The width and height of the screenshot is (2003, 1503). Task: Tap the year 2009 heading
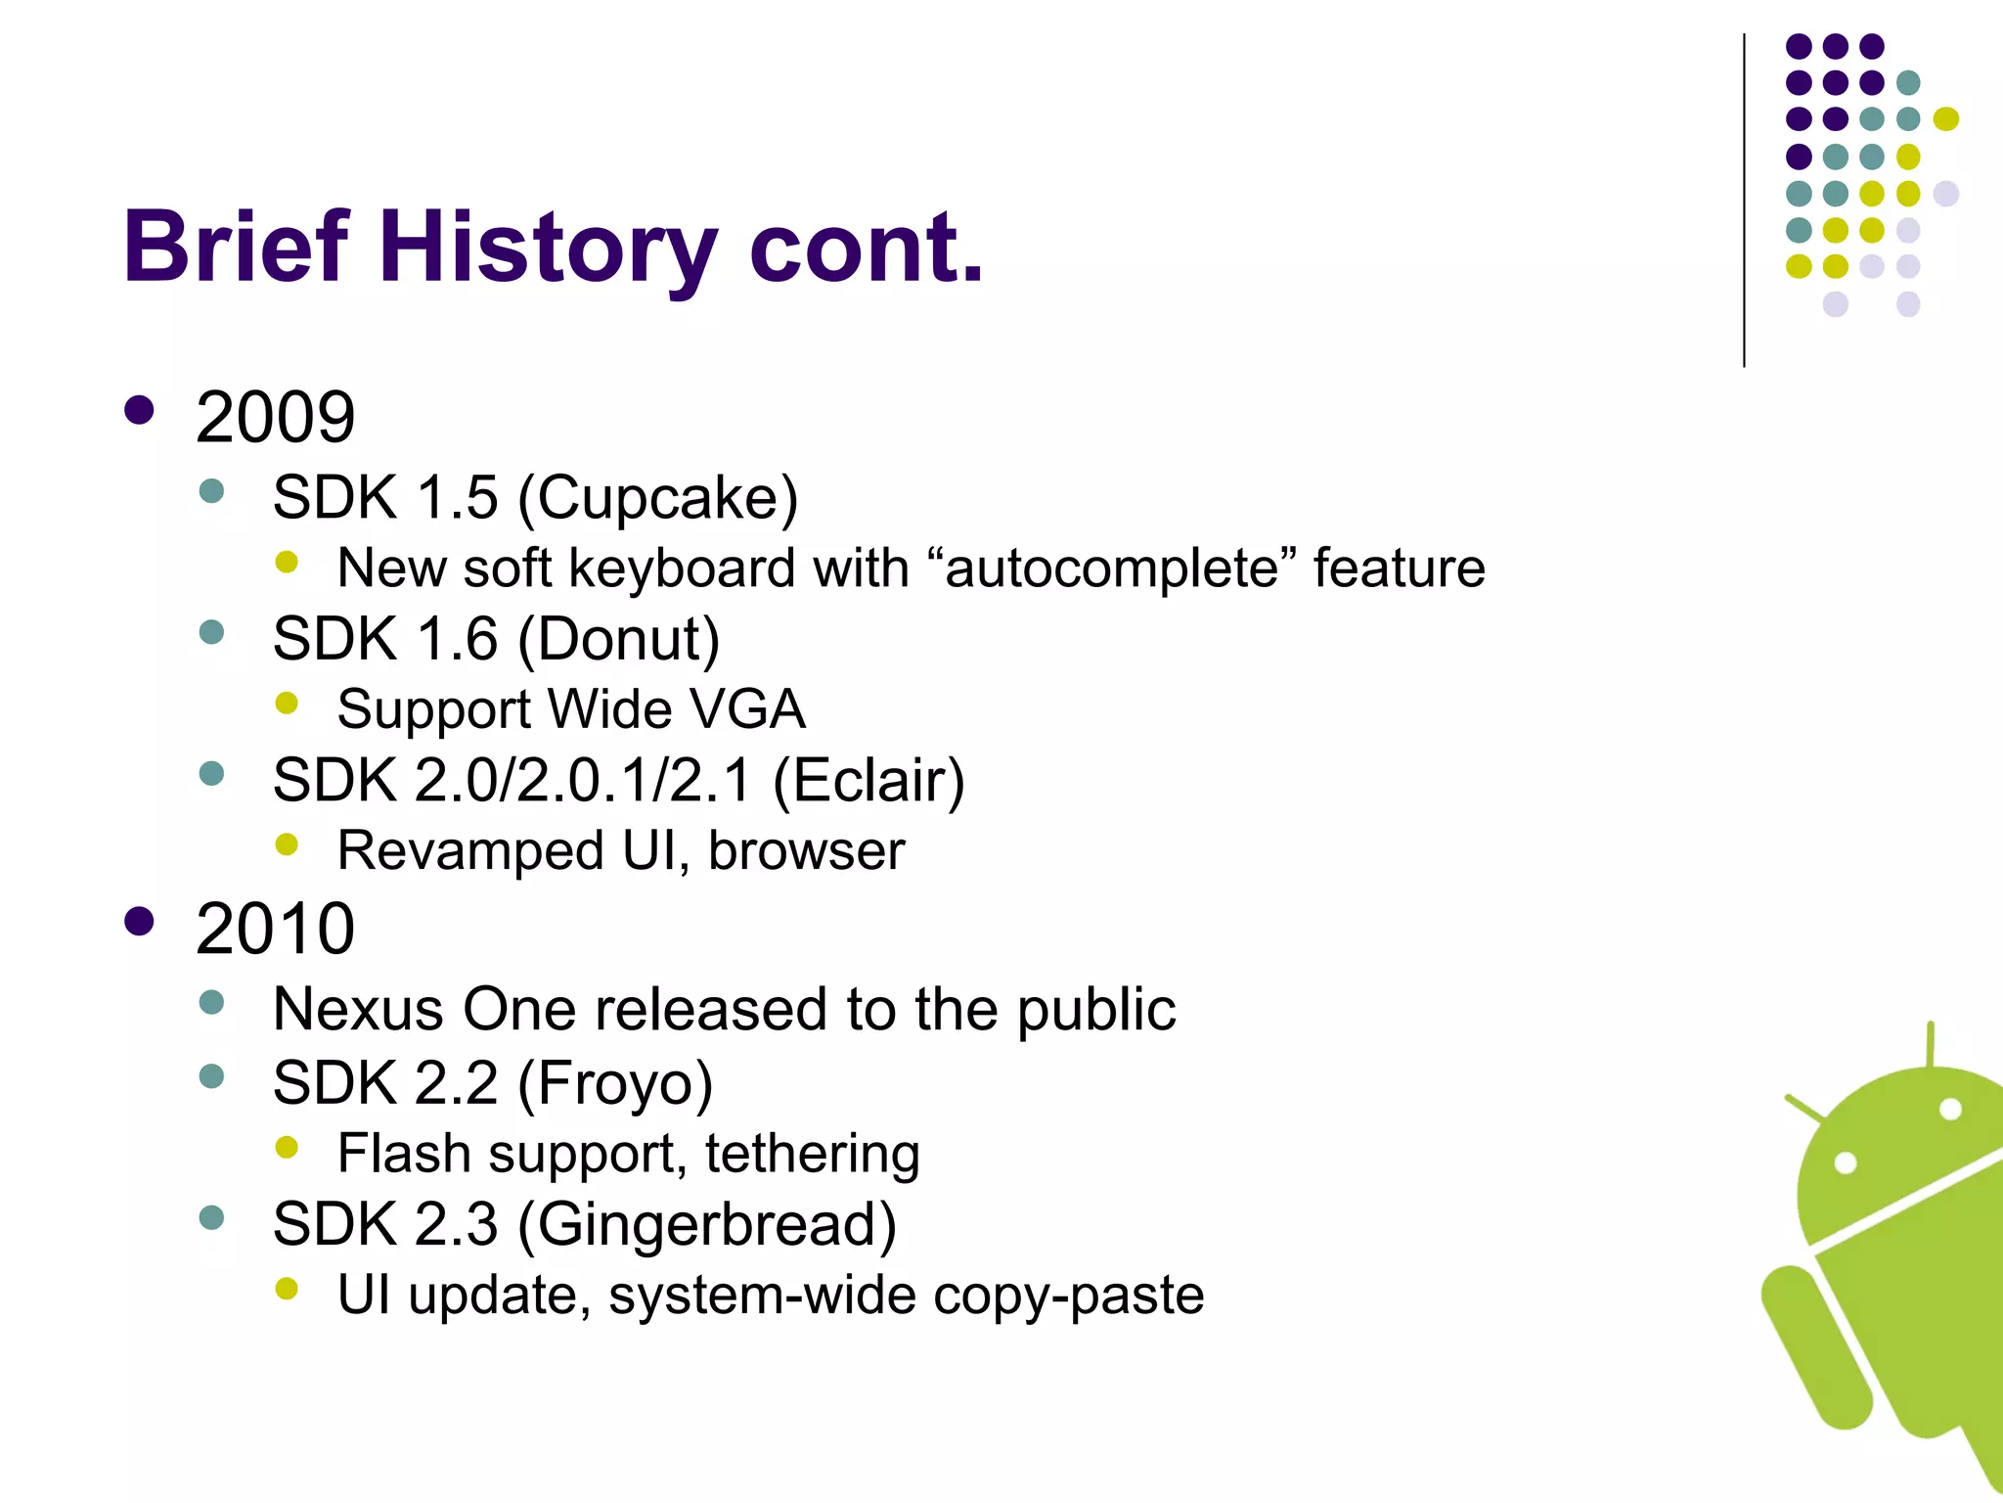[x=275, y=418]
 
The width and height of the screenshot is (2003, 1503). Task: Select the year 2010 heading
[x=275, y=929]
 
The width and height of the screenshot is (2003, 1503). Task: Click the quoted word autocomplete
[x=1112, y=569]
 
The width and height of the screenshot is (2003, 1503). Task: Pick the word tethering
[x=812, y=1154]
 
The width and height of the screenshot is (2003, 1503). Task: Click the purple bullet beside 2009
[x=140, y=410]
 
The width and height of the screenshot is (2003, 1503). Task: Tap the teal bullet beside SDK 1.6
[x=211, y=632]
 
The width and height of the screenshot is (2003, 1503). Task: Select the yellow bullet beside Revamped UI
[x=287, y=844]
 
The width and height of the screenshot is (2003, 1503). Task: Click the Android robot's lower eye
[x=1845, y=1163]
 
